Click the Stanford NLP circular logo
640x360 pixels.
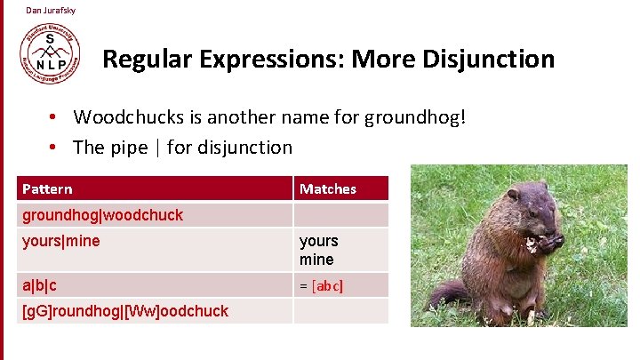[50, 52]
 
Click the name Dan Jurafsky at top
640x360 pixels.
[51, 10]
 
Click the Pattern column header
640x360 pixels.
[48, 188]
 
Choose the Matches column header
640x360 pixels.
[328, 188]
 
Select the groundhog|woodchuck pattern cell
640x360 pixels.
[102, 215]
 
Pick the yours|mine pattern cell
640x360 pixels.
[61, 241]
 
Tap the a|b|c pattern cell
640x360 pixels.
[39, 285]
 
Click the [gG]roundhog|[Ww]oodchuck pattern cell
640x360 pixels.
[125, 310]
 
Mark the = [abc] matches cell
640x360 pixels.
[321, 285]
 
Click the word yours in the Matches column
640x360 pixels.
[318, 241]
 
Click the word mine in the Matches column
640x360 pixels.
[316, 260]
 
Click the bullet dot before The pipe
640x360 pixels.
[54, 148]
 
